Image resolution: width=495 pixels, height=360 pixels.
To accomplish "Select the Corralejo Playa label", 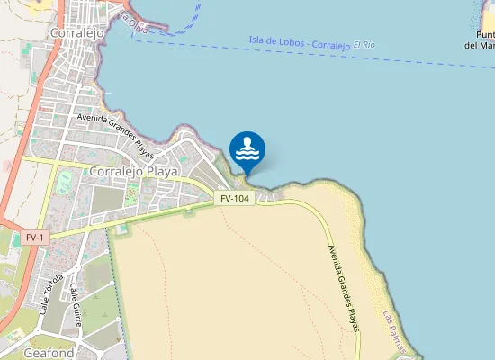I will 134,170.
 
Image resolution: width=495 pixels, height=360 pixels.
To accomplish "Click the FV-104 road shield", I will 235,198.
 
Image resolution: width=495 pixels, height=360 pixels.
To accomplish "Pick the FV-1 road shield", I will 35,238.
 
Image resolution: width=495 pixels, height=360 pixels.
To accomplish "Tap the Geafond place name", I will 49,354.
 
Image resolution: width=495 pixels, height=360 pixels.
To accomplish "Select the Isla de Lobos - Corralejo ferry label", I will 298,42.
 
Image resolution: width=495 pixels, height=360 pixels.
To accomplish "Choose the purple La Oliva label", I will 133,24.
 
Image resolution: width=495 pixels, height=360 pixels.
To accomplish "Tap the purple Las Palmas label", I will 395,331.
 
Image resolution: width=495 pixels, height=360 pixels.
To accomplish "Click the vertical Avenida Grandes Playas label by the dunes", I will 343,288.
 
